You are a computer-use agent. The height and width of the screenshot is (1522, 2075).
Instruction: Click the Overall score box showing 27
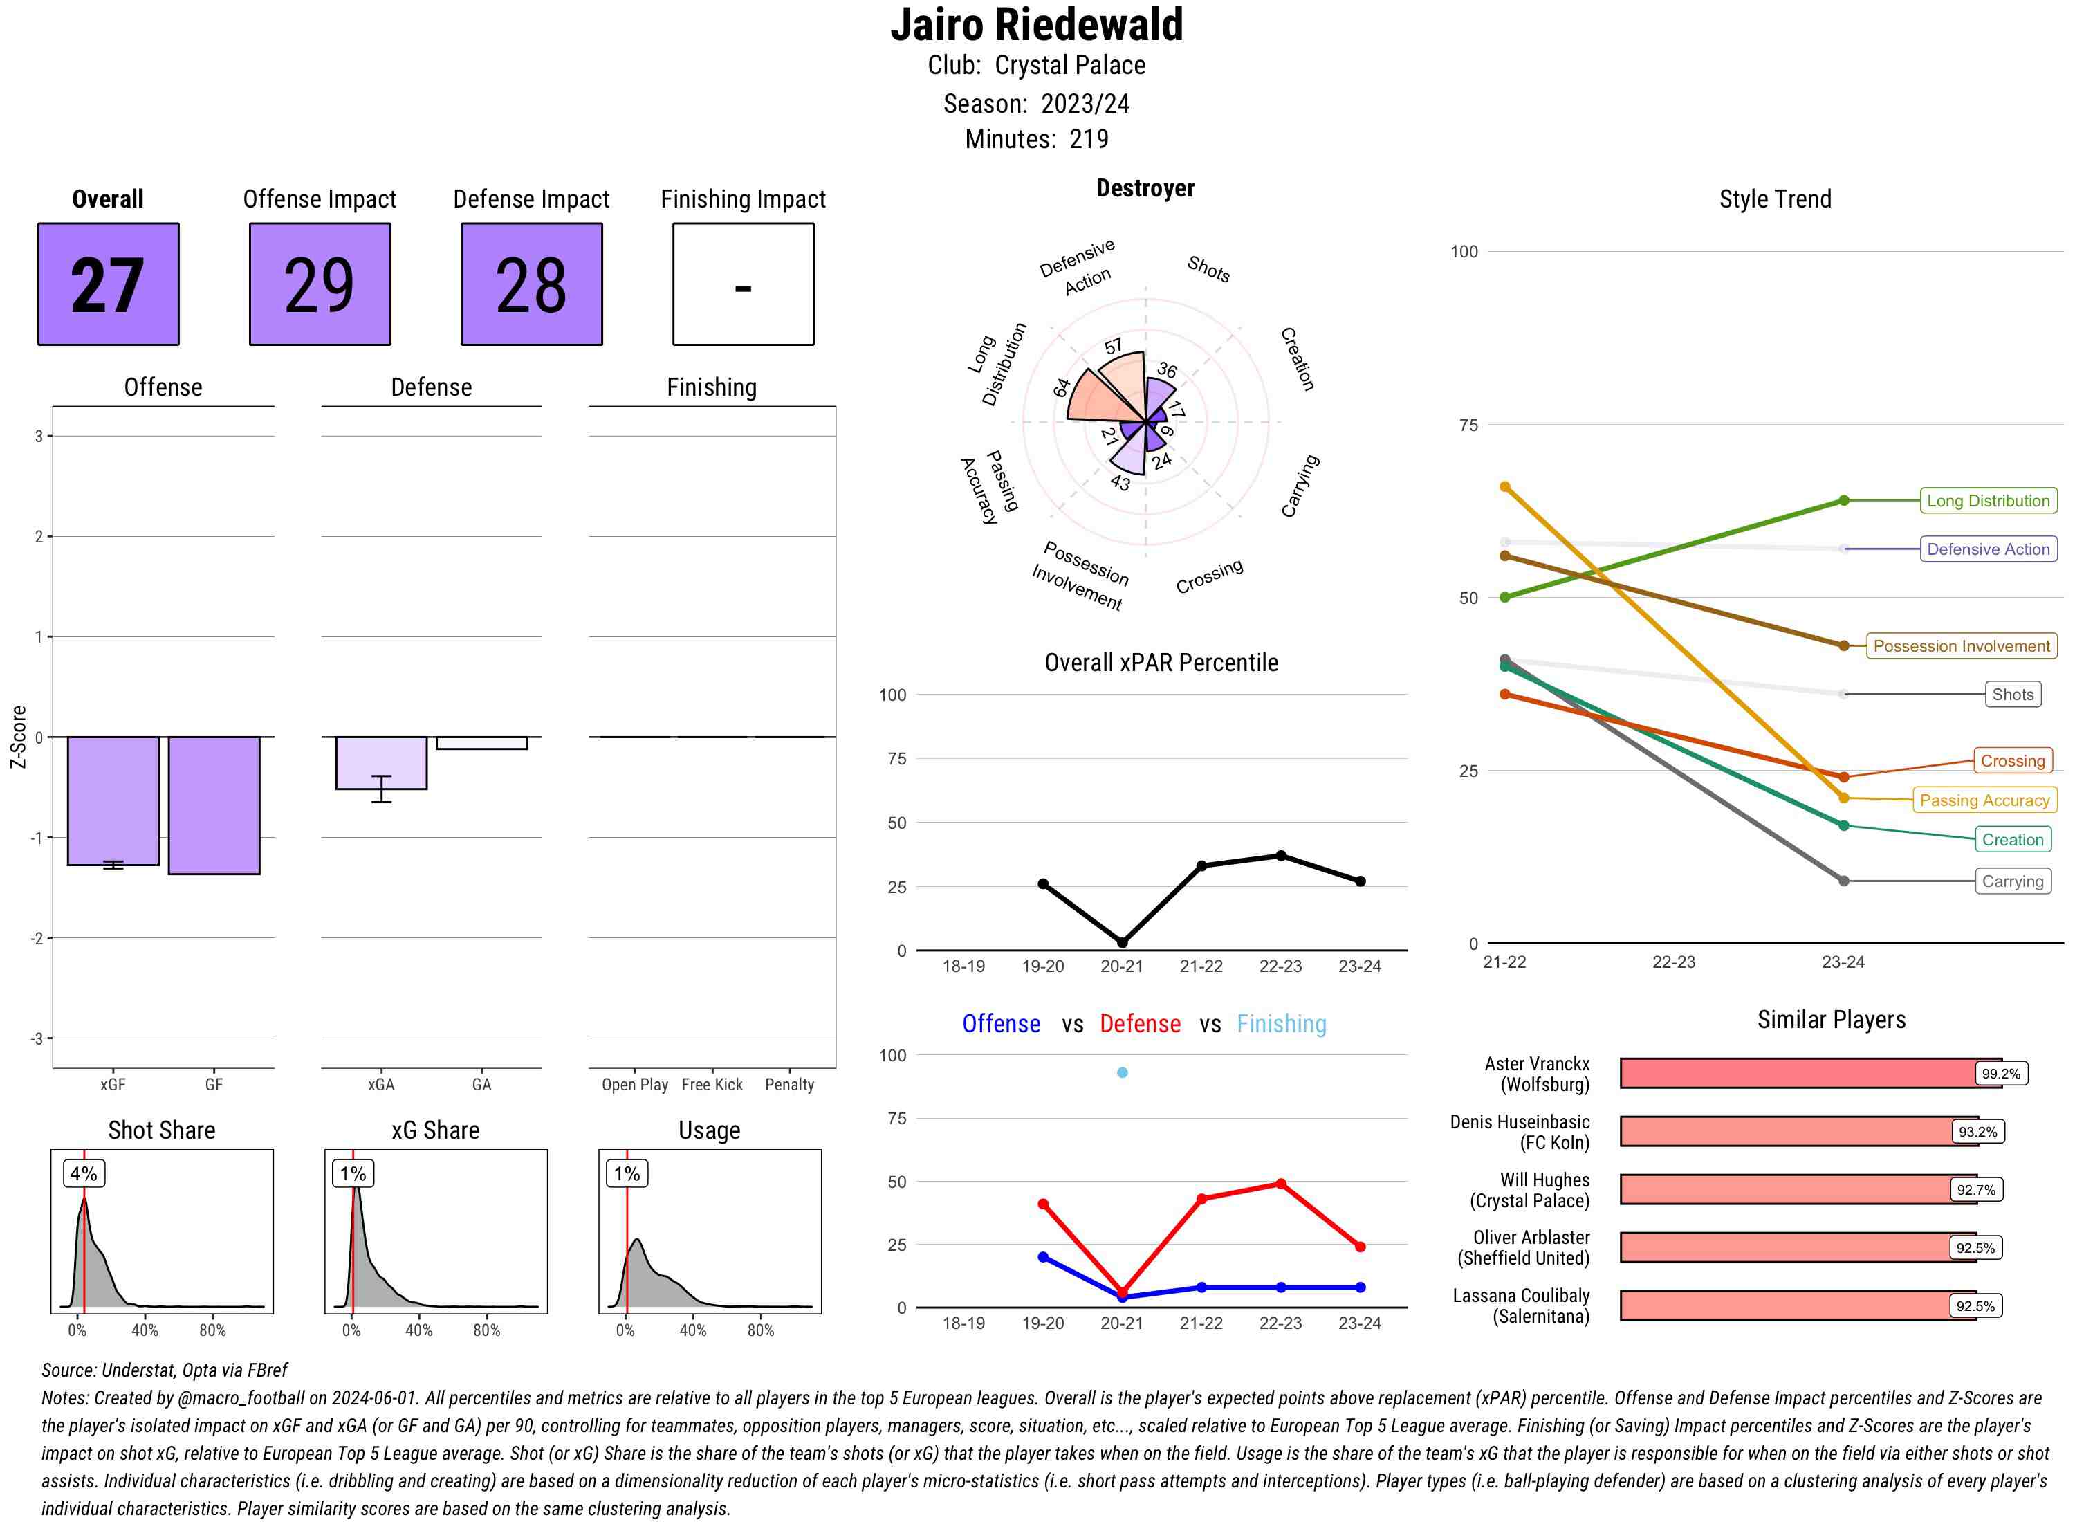coord(108,284)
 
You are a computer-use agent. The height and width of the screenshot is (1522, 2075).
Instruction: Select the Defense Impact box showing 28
coord(531,284)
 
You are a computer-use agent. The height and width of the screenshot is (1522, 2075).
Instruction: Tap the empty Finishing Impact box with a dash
coord(744,284)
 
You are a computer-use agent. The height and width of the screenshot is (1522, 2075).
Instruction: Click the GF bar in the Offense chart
coord(214,805)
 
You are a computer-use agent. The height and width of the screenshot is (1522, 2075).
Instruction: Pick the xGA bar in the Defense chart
coord(381,763)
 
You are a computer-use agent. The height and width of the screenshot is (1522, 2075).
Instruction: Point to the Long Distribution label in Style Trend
coord(1988,500)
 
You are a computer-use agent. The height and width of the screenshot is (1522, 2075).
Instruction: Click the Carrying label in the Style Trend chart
coord(2012,881)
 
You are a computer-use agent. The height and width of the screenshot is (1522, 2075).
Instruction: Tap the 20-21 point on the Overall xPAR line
coord(1122,942)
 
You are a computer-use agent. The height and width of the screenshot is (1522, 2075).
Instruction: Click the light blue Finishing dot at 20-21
coord(1122,1072)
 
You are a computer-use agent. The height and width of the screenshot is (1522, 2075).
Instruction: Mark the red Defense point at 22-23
coord(1280,1184)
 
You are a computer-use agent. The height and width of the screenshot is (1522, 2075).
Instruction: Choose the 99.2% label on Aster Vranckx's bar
coord(2000,1073)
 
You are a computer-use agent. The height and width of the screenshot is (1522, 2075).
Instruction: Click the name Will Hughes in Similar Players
coord(1544,1180)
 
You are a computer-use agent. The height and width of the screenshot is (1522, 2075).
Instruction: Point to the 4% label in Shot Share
coord(84,1173)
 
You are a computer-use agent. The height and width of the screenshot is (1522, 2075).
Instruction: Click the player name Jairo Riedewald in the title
coord(1036,25)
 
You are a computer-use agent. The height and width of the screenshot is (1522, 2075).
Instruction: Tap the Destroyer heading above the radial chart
coord(1145,188)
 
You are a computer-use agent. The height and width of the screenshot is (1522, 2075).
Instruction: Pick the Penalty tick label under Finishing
coord(789,1084)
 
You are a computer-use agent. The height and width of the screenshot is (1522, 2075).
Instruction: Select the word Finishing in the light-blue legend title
coord(1281,1024)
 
